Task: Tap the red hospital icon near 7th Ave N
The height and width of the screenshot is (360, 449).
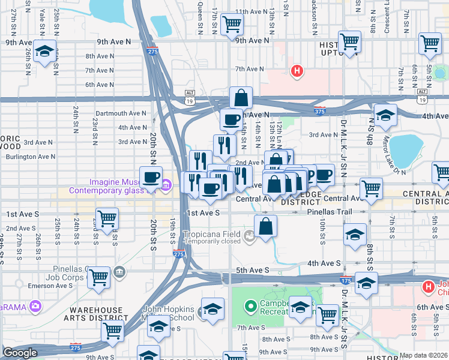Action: pyautogui.click(x=296, y=71)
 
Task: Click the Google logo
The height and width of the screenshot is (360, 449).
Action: pyautogui.click(x=20, y=353)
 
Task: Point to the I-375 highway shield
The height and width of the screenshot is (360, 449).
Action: pyautogui.click(x=319, y=111)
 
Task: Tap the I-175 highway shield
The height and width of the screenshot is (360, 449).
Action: pyautogui.click(x=346, y=280)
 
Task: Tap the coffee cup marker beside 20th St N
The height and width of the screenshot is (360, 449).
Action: pyautogui.click(x=151, y=177)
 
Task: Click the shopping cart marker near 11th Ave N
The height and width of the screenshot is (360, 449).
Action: pyautogui.click(x=232, y=25)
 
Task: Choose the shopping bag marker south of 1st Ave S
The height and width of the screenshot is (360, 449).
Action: pyautogui.click(x=265, y=226)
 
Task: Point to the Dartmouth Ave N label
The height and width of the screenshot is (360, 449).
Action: pyautogui.click(x=121, y=113)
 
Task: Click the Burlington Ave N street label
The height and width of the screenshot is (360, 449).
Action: pyautogui.click(x=30, y=157)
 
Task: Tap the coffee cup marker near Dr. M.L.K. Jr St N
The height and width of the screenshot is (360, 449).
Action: pyautogui.click(x=324, y=175)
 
